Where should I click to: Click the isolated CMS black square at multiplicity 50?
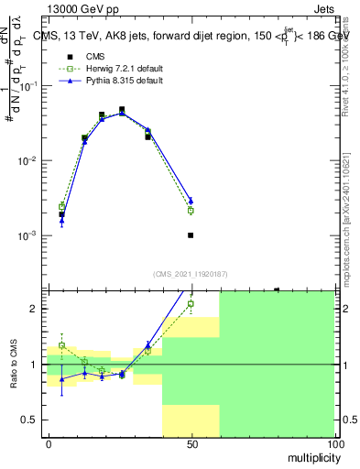coord(191,235)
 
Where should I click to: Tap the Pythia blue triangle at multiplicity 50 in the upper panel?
coord(191,201)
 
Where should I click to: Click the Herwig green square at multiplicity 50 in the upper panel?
coord(191,211)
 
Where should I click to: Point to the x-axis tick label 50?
coord(191,442)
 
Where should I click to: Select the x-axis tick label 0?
coord(49,442)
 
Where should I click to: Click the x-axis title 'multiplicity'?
coord(311,455)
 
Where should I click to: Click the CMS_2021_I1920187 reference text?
coord(191,273)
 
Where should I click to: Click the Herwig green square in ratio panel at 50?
coord(191,304)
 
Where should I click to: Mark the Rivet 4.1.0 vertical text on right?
coord(352,69)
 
